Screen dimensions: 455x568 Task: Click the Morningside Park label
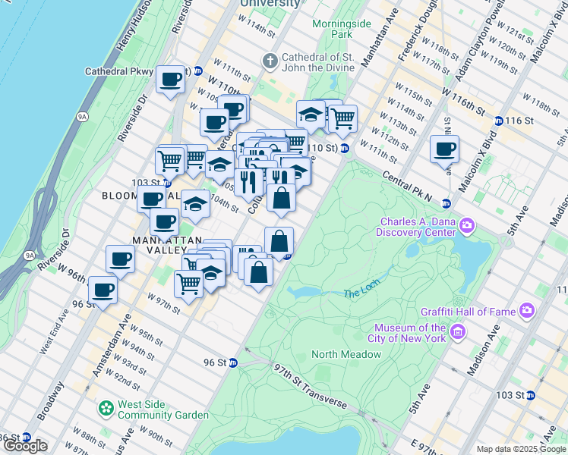click(x=342, y=29)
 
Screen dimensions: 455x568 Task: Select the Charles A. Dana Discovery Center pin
click(x=467, y=225)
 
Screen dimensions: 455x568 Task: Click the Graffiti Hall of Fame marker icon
click(x=527, y=310)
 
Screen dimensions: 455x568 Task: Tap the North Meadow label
click(x=346, y=354)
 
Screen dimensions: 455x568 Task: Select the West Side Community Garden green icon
click(x=106, y=409)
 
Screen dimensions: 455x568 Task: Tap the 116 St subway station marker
click(x=498, y=121)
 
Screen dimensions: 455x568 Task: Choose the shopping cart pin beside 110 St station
click(x=343, y=117)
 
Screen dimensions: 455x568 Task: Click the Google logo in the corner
click(x=25, y=446)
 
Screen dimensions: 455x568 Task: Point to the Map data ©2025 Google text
click(x=520, y=448)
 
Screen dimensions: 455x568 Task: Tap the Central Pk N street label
click(x=408, y=185)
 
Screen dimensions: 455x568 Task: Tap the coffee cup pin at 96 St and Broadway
click(x=103, y=290)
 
